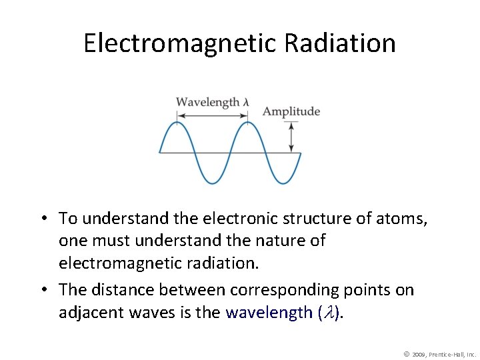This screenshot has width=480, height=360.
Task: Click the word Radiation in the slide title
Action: pyautogui.click(x=340, y=43)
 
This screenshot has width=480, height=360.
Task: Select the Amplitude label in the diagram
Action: pyautogui.click(x=291, y=111)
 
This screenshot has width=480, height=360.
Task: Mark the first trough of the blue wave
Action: pyautogui.click(x=212, y=183)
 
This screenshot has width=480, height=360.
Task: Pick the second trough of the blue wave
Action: pyautogui.click(x=283, y=183)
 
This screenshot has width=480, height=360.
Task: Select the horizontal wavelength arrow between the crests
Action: pyautogui.click(x=212, y=115)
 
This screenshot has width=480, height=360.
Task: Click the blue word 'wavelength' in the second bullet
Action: pyautogui.click(x=269, y=312)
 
